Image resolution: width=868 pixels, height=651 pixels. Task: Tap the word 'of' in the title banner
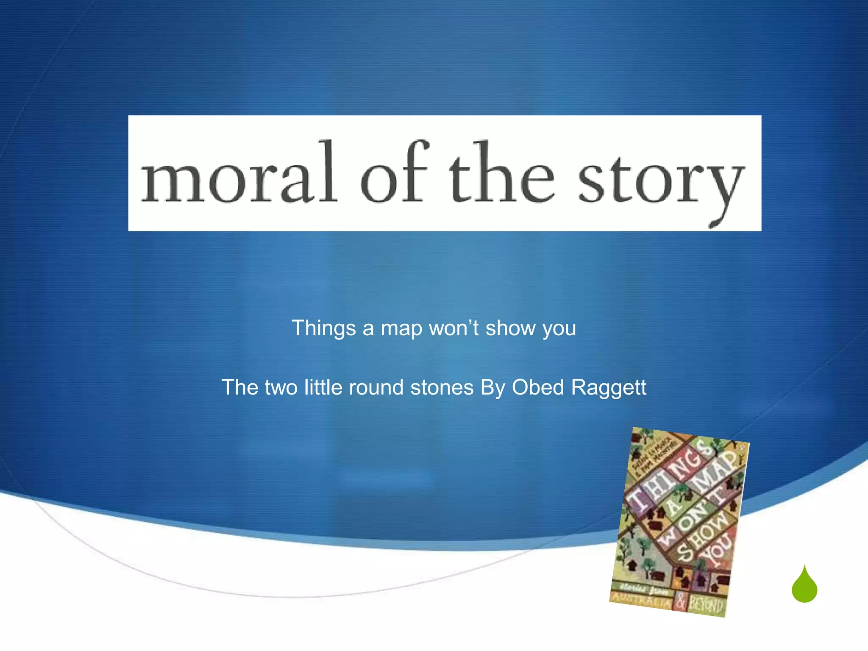pyautogui.click(x=395, y=172)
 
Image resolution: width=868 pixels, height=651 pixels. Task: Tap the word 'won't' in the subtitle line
pyautogui.click(x=454, y=328)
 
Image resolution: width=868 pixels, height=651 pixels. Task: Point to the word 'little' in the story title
pyautogui.click(x=323, y=387)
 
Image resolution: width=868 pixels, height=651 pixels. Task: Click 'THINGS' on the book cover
pyautogui.click(x=665, y=477)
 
